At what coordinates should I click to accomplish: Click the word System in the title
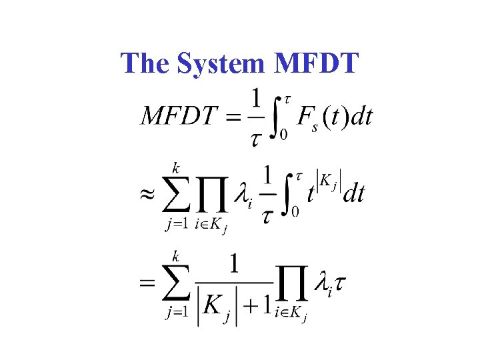tap(220, 63)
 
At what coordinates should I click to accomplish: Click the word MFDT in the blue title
tap(316, 63)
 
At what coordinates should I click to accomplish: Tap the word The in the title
tap(146, 63)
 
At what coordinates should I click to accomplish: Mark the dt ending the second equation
tap(353, 193)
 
